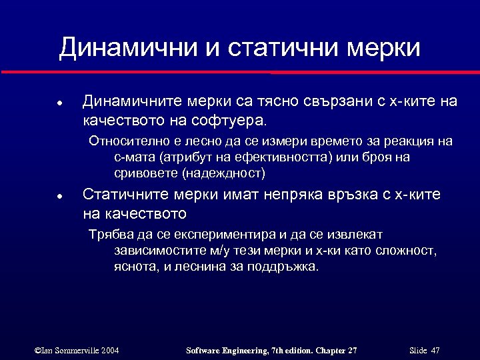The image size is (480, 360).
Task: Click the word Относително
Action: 127,141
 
